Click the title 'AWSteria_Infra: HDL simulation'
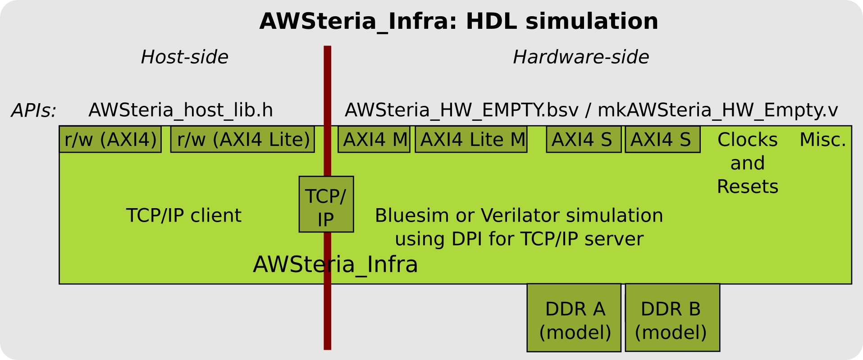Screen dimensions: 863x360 [458, 22]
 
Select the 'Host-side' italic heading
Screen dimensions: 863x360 [184, 57]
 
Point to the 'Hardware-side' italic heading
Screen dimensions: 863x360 [580, 57]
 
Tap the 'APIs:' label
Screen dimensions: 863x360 [34, 110]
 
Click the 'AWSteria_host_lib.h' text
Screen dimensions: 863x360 [180, 110]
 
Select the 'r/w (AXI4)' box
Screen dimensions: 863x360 [110, 140]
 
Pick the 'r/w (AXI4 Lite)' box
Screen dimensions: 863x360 [242, 140]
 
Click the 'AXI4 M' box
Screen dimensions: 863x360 [374, 140]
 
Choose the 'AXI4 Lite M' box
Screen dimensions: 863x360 [471, 140]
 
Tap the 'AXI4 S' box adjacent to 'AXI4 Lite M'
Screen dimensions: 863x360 [583, 140]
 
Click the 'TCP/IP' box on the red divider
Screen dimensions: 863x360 [326, 204]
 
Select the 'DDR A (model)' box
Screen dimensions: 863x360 [574, 318]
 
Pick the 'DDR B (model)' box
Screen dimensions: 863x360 [672, 318]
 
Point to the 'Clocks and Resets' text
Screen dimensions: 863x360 [747, 163]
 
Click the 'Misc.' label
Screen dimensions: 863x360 [822, 140]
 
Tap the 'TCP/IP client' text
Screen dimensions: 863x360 [183, 215]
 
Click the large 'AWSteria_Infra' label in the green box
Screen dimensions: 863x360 [335, 264]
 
